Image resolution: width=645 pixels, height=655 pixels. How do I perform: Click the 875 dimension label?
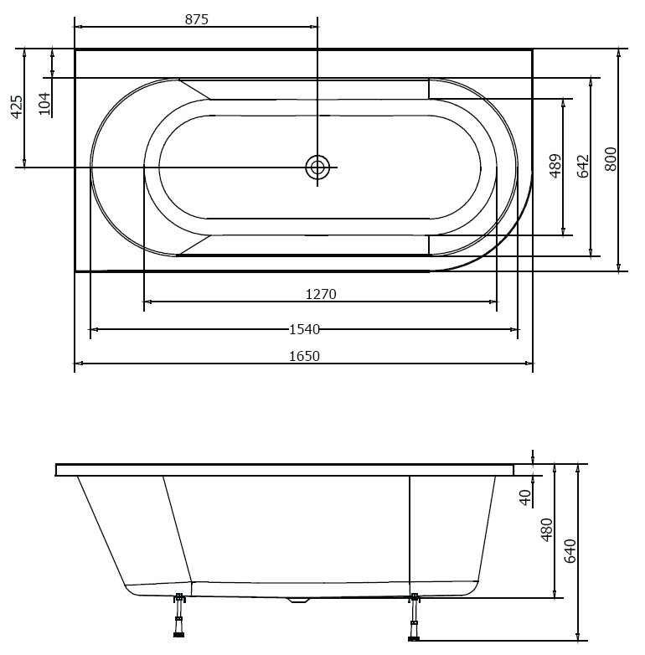(196, 18)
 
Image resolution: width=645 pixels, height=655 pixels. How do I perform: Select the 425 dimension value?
(16, 107)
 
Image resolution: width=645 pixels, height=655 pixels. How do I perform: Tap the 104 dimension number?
(44, 103)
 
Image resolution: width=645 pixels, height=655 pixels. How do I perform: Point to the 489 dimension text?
(555, 166)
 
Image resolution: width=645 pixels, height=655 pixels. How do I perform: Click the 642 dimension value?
(583, 165)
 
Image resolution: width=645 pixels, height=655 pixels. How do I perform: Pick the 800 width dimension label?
(611, 159)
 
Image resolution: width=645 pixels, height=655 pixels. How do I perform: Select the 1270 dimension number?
(321, 294)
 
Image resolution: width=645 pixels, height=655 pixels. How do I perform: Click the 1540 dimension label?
(304, 329)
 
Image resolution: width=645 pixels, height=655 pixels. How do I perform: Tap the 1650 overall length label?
(304, 356)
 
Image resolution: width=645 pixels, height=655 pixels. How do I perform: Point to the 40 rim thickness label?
(525, 497)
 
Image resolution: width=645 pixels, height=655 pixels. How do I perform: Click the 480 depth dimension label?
(546, 529)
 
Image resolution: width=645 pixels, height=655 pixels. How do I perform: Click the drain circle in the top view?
(317, 168)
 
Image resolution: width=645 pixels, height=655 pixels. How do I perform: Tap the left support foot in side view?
(178, 620)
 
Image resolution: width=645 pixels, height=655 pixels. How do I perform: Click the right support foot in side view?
(413, 620)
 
